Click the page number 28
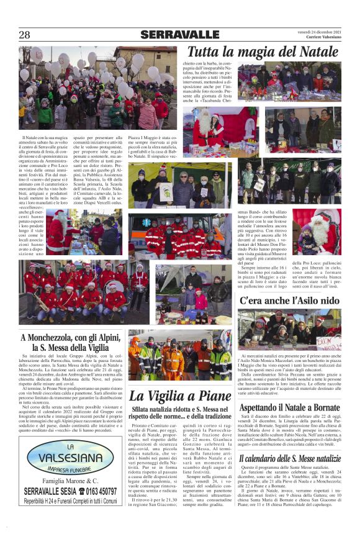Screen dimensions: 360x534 [x=24, y=35]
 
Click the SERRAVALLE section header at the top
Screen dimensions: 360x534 [x=179, y=35]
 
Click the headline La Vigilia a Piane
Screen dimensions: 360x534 [x=180, y=396]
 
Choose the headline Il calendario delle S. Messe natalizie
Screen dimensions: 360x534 [x=290, y=458]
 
